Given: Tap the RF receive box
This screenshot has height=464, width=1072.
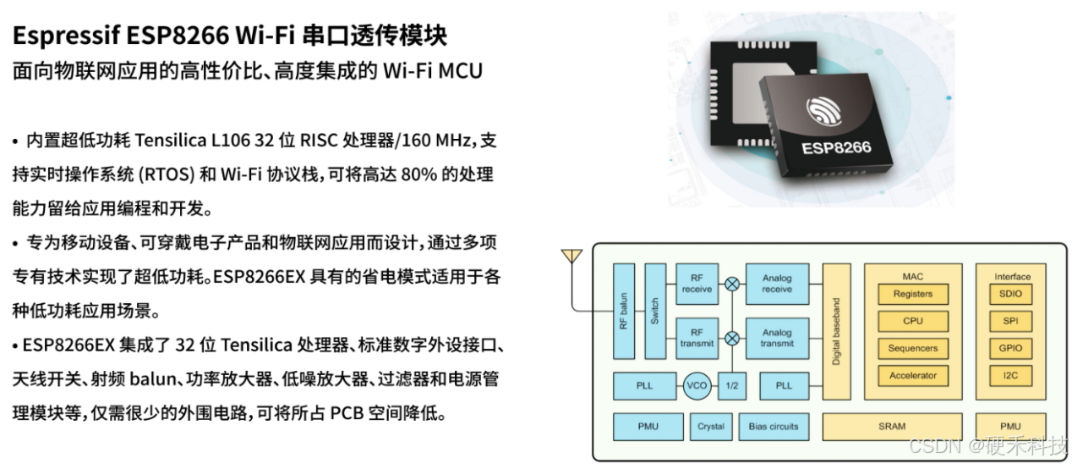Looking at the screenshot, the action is tap(697, 283).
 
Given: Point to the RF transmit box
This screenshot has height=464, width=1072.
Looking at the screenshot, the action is tap(697, 337).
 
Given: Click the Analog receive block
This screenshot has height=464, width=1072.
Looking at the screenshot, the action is tap(777, 283).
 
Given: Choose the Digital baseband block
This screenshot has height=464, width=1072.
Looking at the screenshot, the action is tap(836, 331).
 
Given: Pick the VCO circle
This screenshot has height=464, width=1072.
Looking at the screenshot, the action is tap(697, 385).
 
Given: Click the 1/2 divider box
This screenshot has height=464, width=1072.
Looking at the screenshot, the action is tap(732, 385).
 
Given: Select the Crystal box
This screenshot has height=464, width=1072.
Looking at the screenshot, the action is tap(710, 426).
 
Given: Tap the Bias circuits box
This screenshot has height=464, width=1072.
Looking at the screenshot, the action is tap(773, 426).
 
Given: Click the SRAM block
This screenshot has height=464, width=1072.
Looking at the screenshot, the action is tap(892, 426).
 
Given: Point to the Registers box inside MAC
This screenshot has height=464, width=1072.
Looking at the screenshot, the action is tap(912, 294).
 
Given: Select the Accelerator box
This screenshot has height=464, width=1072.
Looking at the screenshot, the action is tap(912, 375).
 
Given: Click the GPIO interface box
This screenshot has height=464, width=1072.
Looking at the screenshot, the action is tap(1010, 348).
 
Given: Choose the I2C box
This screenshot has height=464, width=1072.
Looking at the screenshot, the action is tap(1010, 375).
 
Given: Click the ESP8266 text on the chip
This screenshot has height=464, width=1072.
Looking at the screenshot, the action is tap(835, 147).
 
